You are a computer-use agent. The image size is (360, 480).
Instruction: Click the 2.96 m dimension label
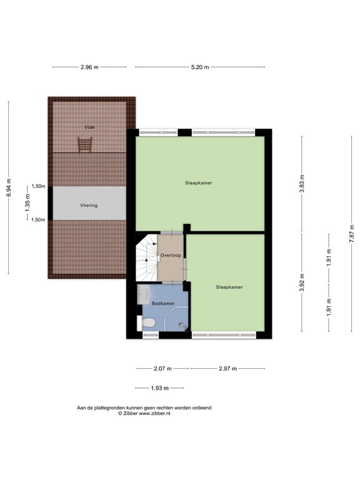[90, 67]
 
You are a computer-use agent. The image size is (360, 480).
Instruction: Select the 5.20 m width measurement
[199, 67]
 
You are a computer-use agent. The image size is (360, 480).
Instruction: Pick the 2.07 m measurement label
[162, 369]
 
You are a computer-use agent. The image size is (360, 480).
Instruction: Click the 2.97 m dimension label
[227, 369]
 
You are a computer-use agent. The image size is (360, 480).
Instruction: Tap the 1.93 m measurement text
[160, 388]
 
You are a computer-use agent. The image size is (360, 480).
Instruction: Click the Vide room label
[90, 127]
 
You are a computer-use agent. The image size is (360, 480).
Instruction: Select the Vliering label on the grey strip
[88, 205]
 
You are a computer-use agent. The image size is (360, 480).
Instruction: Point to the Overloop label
[171, 256]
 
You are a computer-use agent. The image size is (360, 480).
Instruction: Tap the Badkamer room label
[162, 303]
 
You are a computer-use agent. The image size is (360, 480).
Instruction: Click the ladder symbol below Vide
[85, 144]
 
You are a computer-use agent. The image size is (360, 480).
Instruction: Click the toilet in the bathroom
[149, 323]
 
